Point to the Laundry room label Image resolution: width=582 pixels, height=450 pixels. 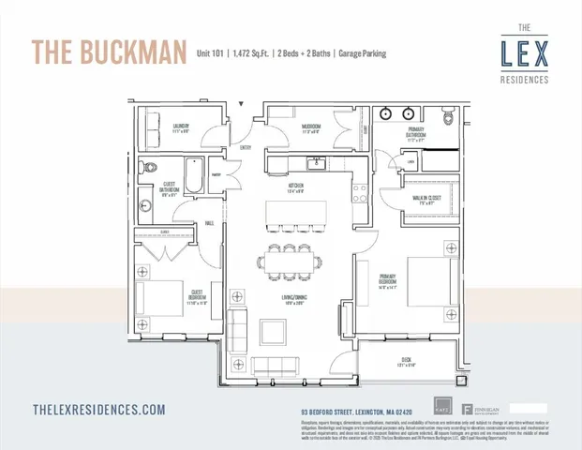coord(180,127)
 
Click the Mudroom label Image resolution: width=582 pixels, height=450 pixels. coord(311,127)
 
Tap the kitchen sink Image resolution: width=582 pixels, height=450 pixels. coord(317,167)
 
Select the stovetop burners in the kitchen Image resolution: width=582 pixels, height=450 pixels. coord(358,195)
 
